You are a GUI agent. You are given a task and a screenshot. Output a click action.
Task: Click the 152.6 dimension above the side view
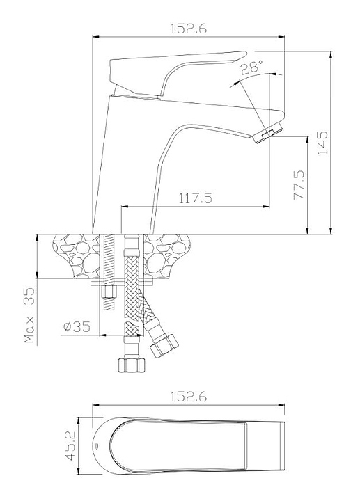[188, 29]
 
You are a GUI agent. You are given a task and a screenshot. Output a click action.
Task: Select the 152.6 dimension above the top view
[188, 397]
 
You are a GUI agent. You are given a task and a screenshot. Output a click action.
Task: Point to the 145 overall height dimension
[322, 143]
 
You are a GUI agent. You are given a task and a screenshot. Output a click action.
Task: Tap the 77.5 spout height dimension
[299, 185]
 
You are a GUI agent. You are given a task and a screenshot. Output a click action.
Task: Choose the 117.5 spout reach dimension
[195, 198]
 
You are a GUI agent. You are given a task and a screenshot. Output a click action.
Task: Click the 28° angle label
[251, 67]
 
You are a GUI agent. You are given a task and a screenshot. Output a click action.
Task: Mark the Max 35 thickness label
[29, 315]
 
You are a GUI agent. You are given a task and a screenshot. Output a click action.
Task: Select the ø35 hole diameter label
[77, 326]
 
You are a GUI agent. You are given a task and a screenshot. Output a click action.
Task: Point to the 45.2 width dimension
[70, 446]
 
